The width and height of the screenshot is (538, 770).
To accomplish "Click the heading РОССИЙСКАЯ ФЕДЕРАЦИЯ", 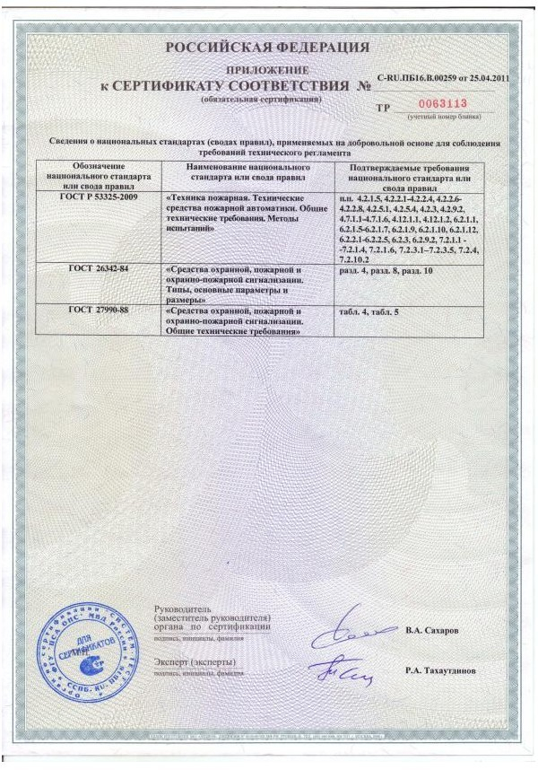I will coord(266,47).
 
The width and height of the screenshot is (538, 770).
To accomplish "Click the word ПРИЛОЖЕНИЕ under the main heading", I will coord(266,69).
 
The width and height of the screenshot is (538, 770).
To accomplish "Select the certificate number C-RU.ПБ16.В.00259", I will coord(421,80).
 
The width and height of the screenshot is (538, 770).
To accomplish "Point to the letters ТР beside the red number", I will coord(384,107).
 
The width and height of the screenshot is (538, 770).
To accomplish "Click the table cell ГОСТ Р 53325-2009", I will coord(92,196).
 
